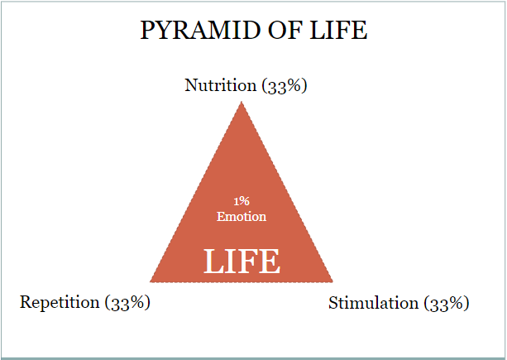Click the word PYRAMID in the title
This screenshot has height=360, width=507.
point(200,30)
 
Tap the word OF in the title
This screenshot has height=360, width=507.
point(285,30)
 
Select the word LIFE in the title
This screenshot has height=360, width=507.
point(338,30)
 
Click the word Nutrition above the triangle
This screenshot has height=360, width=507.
point(221,85)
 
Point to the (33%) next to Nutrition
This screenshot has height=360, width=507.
point(285,86)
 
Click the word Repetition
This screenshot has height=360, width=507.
point(60,302)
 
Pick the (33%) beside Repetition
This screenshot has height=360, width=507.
point(127,303)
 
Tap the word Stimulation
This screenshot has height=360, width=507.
point(374,303)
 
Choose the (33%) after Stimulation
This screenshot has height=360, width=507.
point(447,304)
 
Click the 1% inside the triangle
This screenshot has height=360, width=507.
point(242,201)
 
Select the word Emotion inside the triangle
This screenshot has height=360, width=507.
point(242,216)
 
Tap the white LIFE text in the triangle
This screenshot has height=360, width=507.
point(242,262)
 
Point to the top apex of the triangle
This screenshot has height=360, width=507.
point(242,102)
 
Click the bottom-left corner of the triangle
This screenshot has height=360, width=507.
point(150,281)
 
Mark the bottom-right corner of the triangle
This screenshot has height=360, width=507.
point(332,281)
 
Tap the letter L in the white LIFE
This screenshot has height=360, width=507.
point(213,262)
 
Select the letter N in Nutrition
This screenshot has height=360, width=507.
point(191,85)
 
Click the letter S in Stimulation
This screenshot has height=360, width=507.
point(333,303)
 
